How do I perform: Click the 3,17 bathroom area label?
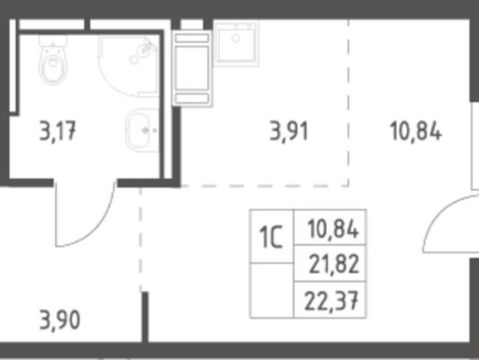coord(58,131)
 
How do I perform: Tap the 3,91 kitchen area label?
coord(289,131)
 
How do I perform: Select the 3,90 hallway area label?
coord(60,319)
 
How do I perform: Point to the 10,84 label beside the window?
coord(416,130)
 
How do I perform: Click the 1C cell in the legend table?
coord(271,237)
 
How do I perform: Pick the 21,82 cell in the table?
coord(330,263)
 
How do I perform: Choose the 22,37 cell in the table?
coord(330,300)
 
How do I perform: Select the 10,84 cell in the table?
coord(330,228)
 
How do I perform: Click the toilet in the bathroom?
coord(53,59)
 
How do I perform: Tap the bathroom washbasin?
coord(142,130)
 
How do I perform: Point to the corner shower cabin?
coord(128,66)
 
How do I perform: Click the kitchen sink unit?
coord(236,43)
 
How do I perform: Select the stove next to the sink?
coord(192,68)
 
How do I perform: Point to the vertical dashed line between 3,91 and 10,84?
coord(349,103)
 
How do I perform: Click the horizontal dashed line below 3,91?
coord(265,186)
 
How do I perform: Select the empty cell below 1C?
coord(271,290)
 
